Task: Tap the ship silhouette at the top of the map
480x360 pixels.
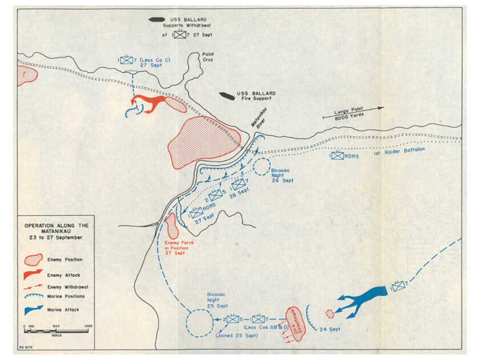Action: point(157,19)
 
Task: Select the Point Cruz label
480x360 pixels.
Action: point(207,58)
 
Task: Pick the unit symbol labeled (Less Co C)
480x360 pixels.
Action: point(126,59)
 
